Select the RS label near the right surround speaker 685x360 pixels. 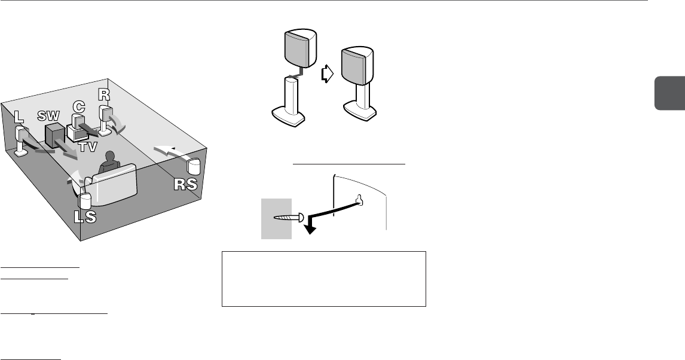pos(185,185)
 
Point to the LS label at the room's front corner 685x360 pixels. pos(84,217)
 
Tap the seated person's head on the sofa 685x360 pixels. pos(109,158)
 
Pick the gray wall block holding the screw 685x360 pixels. pos(276,218)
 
